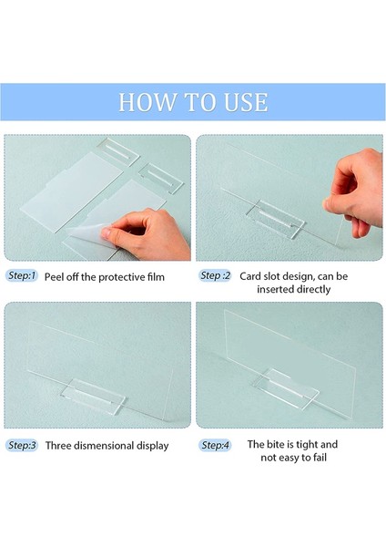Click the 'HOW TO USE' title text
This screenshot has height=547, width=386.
(193, 102)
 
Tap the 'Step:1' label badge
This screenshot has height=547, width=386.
(22, 276)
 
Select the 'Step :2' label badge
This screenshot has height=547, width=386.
(215, 275)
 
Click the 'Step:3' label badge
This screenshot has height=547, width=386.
(22, 446)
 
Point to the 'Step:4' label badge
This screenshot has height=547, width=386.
(215, 445)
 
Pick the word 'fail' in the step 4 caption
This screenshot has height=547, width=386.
(320, 458)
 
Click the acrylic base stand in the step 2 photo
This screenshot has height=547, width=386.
(276, 219)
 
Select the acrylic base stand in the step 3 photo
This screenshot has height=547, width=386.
(94, 397)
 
